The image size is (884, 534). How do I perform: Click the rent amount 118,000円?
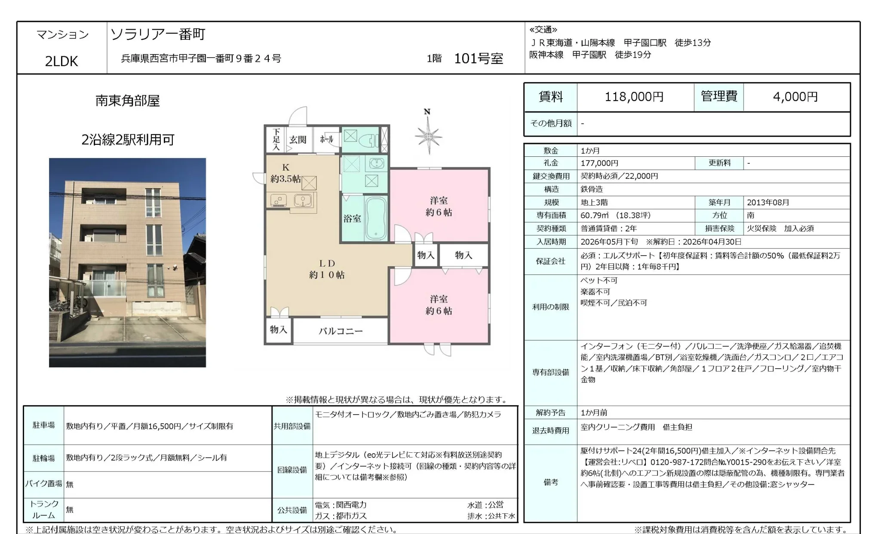coord(634,97)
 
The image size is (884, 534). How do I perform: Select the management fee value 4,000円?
coord(795,97)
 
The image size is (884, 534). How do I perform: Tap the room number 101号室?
coord(478,58)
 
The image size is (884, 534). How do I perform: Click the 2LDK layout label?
coord(61,61)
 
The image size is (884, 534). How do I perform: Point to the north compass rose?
coord(428,136)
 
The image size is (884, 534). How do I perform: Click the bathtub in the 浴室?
coord(375,218)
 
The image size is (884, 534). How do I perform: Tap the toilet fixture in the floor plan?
coord(369,140)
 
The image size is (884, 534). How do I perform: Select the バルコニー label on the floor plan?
coord(341,331)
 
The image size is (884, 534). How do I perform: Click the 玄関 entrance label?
coord(298,140)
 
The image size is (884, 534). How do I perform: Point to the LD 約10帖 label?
coord(327,269)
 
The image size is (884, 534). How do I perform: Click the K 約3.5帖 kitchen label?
coord(285,173)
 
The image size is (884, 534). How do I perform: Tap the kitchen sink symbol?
coord(303,200)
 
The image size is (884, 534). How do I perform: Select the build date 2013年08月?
coord(768,202)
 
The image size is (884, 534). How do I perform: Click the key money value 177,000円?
coord(599,163)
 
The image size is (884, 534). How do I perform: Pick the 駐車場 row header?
coord(43,425)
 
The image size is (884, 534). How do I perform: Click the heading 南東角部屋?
coord(127,101)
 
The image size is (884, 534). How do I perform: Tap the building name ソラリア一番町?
coord(158,34)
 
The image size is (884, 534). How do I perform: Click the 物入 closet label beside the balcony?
coord(278,330)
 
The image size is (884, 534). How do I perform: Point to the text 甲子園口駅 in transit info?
coord(645,43)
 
